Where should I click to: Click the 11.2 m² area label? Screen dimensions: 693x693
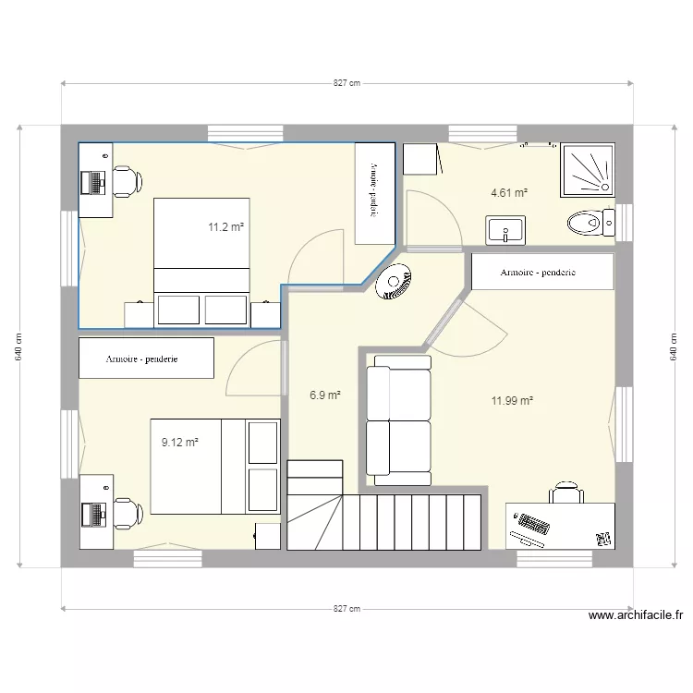226,226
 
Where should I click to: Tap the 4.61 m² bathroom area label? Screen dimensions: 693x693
508,193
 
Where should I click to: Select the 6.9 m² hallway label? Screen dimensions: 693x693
325,395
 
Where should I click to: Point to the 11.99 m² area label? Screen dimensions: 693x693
513,401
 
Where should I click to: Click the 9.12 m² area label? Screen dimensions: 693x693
180,443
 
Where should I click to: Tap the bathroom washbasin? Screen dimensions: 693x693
505,229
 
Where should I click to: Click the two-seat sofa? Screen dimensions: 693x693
399,424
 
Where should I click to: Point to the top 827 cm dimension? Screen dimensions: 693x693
346,83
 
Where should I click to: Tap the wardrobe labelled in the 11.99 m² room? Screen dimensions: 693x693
542,273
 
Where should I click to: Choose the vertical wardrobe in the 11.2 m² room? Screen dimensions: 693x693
374,193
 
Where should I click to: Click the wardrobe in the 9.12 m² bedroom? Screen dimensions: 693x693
147,359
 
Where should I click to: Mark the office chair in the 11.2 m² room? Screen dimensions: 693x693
126,180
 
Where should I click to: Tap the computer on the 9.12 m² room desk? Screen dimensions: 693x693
92,513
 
